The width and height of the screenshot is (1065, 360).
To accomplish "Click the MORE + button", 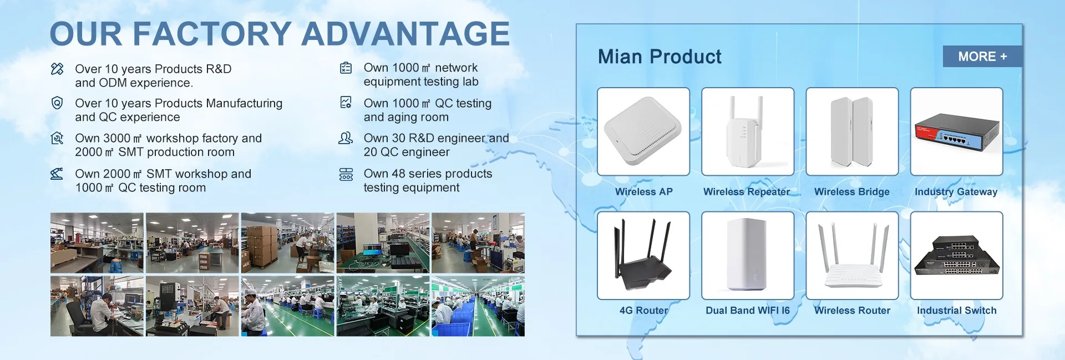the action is click(982, 57).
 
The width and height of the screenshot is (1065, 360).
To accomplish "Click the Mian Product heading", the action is click(660, 57).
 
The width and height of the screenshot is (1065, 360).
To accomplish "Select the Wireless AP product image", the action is click(643, 131).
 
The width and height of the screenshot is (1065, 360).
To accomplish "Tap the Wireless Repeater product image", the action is click(748, 131).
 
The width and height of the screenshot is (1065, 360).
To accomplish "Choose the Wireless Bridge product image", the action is click(852, 131).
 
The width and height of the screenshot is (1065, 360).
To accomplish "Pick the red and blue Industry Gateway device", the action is click(957, 131).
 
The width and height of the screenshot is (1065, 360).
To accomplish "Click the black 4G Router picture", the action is click(643, 256).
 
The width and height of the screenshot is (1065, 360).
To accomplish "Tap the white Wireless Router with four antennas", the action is click(852, 256).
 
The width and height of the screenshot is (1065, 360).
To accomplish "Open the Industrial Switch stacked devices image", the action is click(957, 256).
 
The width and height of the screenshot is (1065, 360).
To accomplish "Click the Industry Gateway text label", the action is click(956, 192).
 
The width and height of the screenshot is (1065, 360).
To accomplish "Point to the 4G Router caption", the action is click(643, 311).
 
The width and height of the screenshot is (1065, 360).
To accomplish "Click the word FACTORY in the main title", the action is click(212, 34).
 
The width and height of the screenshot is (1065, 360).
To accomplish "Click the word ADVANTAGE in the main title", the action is click(405, 34).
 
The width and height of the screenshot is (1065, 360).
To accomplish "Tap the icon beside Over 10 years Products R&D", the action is click(57, 69).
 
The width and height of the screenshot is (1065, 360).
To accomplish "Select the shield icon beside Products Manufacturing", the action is click(57, 103).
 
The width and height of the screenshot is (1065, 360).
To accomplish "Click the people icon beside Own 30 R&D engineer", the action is click(346, 138).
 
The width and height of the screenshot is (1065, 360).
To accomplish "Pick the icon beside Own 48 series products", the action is click(346, 174).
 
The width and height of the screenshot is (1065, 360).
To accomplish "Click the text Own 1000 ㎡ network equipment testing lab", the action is click(421, 75).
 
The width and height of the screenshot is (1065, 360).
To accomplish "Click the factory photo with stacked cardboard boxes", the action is click(287, 242).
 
